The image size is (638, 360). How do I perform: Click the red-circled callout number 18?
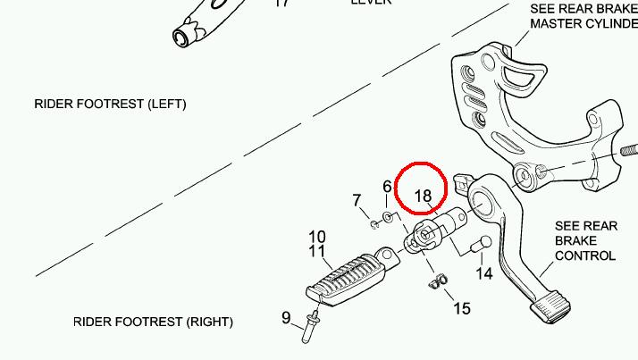pos(423,196)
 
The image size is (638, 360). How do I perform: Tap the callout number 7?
pos(357,199)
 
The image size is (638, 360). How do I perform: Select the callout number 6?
pos(387,187)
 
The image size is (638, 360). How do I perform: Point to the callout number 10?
pos(317,237)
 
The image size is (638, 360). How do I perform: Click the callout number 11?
pos(317,252)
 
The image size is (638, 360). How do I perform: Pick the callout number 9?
pos(287,317)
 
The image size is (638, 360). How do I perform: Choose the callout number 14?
pos(484,273)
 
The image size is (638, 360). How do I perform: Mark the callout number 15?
pos(461,308)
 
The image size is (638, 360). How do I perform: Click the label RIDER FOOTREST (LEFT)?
pos(110,104)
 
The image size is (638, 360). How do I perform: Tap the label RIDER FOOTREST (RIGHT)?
pos(153,322)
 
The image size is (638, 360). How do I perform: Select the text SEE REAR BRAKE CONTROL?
pos(585,241)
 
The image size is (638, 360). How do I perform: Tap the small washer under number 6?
pos(389,216)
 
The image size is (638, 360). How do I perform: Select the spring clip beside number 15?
pos(437,282)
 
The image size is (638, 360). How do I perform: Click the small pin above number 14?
pos(480,244)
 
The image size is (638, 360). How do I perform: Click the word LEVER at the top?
pos(370,3)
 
